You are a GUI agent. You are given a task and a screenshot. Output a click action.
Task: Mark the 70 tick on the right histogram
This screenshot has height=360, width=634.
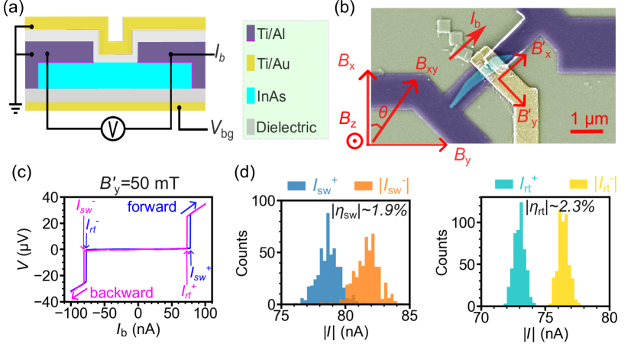(481, 314)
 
